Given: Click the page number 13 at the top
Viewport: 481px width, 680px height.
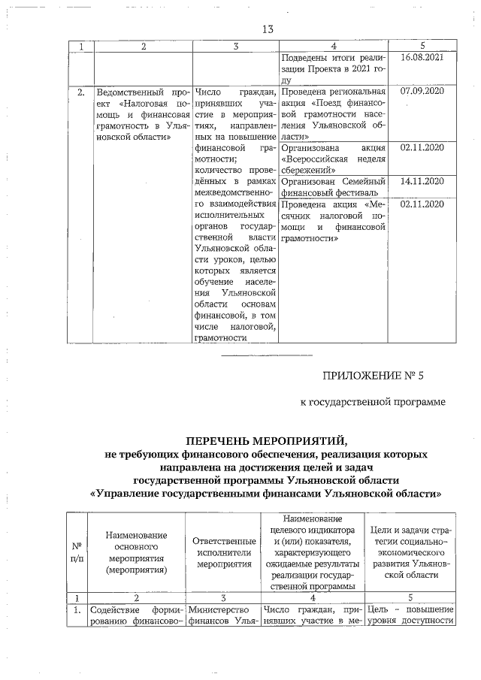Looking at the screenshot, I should point(266,29).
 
